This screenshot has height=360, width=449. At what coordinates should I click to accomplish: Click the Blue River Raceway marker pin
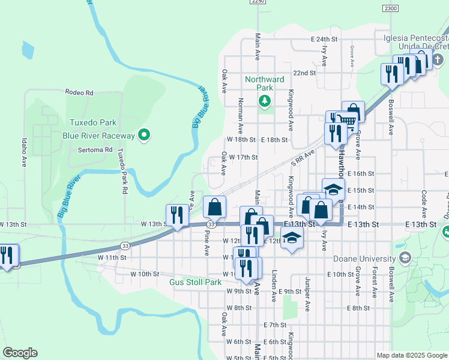click(x=143, y=136)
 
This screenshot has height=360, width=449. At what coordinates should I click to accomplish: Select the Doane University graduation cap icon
click(x=405, y=258)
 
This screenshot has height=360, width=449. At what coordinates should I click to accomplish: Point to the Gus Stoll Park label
click(x=196, y=281)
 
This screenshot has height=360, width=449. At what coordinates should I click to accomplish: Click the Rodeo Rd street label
click(x=80, y=93)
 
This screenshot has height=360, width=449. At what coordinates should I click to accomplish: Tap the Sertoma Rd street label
click(x=95, y=149)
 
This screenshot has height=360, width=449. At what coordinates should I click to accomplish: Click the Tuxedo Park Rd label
click(x=124, y=170)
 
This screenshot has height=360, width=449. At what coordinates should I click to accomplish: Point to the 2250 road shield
click(x=258, y=2)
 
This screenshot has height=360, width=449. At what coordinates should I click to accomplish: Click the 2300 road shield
click(x=390, y=8)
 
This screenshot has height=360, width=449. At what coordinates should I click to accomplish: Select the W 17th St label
click(x=244, y=157)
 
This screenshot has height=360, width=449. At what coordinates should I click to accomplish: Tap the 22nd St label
click(x=304, y=73)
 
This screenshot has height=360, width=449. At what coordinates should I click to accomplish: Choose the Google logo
click(x=20, y=353)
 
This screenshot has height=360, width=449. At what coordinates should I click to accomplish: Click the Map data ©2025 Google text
click(x=411, y=355)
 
